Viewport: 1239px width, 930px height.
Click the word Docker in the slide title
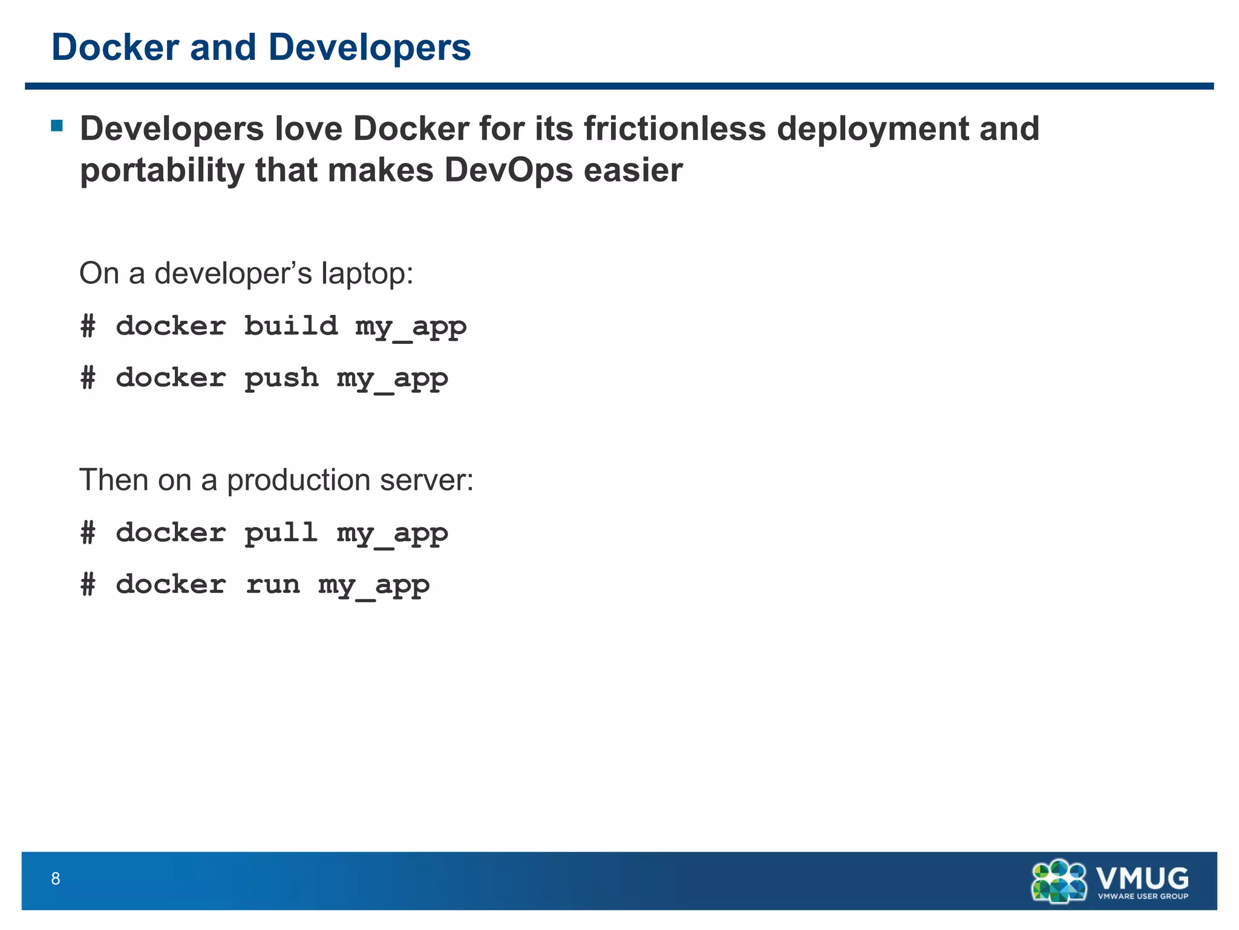[x=115, y=47]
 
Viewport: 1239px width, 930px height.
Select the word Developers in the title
[x=369, y=47]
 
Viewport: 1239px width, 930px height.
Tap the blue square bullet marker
[x=57, y=126]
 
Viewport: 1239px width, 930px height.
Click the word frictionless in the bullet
[x=674, y=129]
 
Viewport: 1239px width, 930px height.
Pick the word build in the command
[x=290, y=326]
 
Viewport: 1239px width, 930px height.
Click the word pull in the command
[x=281, y=533]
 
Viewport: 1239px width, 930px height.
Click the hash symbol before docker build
[x=88, y=326]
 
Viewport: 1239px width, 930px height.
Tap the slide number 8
[x=56, y=879]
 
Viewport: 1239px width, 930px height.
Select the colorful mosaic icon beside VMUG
[x=1059, y=880]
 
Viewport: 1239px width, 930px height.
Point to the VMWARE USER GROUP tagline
[x=1143, y=896]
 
